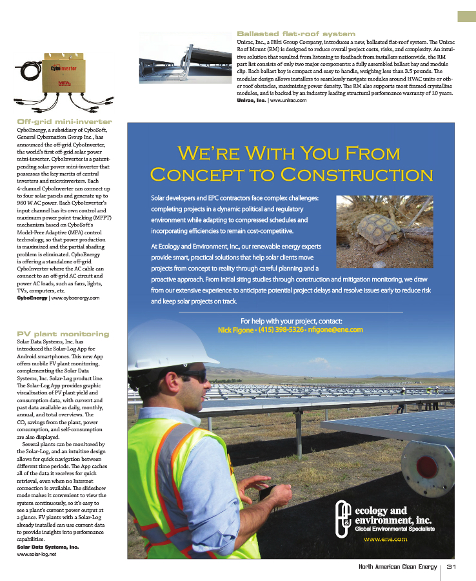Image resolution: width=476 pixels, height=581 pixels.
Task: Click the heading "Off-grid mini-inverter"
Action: (x=64, y=121)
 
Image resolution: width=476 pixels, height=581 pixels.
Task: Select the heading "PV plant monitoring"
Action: (x=63, y=334)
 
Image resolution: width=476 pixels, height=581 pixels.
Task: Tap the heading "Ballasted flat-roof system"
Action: (x=296, y=34)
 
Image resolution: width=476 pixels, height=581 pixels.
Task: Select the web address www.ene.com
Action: (x=385, y=538)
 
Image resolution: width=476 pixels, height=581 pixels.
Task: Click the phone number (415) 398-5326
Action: (x=280, y=329)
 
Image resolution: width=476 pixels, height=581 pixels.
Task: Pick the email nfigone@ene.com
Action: (x=336, y=329)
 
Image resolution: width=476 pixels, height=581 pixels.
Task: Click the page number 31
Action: (x=451, y=567)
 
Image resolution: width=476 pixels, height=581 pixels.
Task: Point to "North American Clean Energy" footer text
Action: (x=397, y=567)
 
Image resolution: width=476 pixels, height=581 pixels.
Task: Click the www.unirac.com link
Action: (x=288, y=101)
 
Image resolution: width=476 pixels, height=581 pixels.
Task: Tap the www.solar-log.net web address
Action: (x=37, y=554)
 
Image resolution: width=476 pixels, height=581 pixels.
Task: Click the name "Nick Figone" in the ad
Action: (x=235, y=329)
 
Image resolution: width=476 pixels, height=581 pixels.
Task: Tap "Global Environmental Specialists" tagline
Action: (x=395, y=529)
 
